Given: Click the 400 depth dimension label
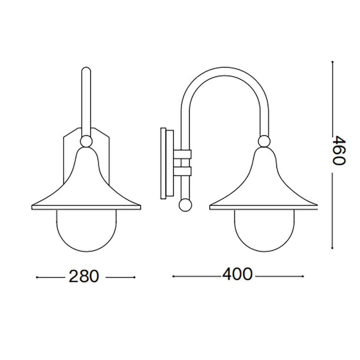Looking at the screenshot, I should (x=237, y=275).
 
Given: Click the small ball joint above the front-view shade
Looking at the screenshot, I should (x=86, y=141).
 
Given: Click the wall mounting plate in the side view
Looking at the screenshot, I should (x=166, y=163).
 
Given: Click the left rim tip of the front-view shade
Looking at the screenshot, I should (x=33, y=207).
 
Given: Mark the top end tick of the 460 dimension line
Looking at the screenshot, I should (x=332, y=62).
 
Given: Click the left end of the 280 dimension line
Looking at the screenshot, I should (x=38, y=277).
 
